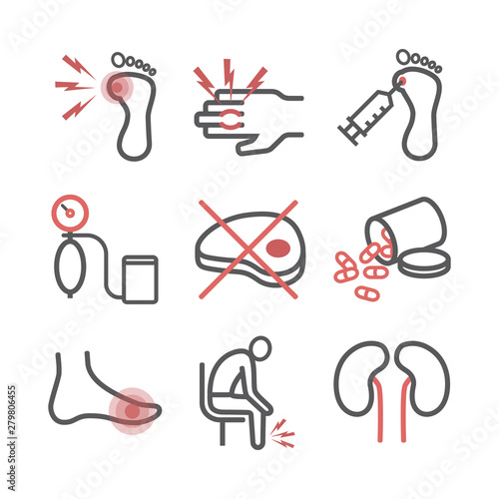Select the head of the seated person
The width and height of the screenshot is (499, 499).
tap(258, 352)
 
